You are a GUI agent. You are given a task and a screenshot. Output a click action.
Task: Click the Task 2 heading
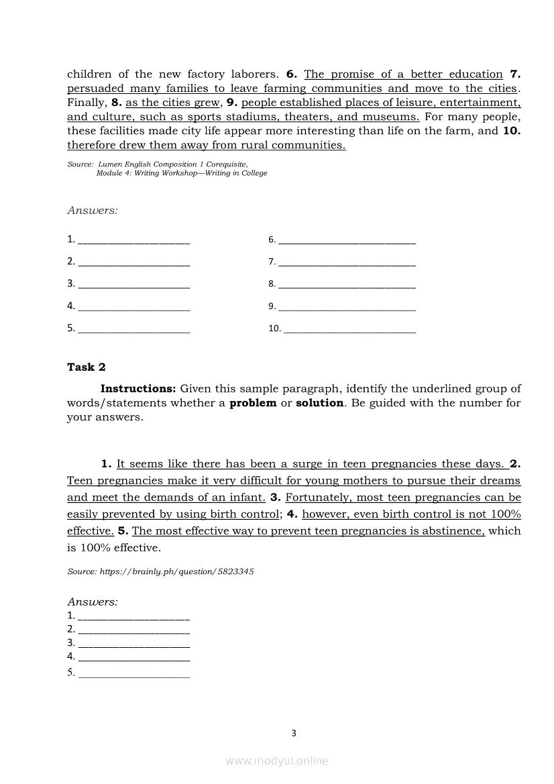pyautogui.click(x=86, y=367)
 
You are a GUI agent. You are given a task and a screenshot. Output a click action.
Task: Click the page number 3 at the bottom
pyautogui.click(x=293, y=733)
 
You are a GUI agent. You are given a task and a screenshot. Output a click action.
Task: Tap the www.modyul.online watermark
pyautogui.click(x=277, y=761)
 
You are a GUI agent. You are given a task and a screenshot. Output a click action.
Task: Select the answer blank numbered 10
pyautogui.click(x=349, y=330)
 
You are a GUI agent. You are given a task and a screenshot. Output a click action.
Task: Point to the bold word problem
pyautogui.click(x=253, y=403)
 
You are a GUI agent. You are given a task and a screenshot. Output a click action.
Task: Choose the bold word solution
pyautogui.click(x=320, y=403)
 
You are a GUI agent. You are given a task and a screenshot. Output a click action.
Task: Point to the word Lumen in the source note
pyautogui.click(x=109, y=164)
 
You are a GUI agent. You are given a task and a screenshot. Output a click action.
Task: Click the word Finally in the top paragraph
pyautogui.click(x=86, y=103)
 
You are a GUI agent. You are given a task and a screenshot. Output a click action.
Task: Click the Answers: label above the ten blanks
pyautogui.click(x=93, y=211)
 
